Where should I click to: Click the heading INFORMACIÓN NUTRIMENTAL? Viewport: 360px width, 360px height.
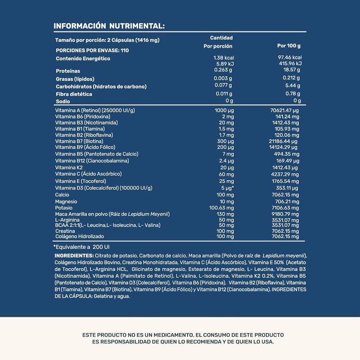[x=109, y=26]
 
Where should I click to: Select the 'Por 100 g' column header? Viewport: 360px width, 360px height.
[x=288, y=46]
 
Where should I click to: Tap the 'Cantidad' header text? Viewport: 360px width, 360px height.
[x=221, y=38]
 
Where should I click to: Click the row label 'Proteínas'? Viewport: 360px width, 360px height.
[x=68, y=71]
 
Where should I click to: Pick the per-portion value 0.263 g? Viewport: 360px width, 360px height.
[x=223, y=70]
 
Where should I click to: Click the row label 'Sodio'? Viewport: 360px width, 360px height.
[x=63, y=102]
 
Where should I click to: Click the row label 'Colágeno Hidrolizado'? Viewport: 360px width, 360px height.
[x=80, y=236]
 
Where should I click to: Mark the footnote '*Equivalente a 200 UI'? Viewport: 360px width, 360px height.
[x=81, y=247]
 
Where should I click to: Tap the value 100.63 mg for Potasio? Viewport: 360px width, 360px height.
[x=222, y=208]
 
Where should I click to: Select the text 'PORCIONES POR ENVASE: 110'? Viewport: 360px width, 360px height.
[x=92, y=50]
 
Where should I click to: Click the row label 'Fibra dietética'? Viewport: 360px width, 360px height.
[x=74, y=94]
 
